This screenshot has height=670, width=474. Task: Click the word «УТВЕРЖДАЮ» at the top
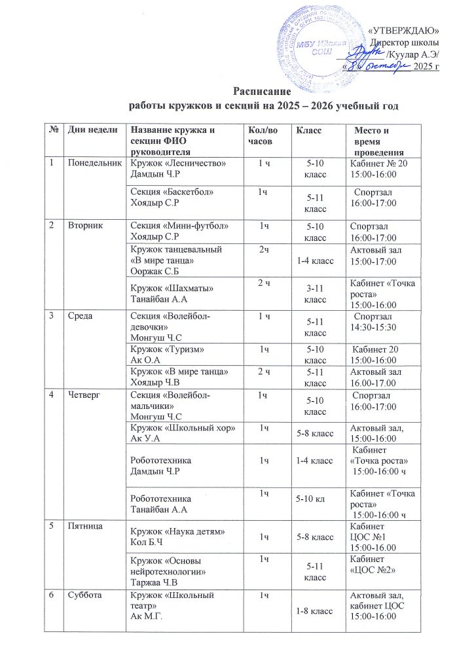click(404, 30)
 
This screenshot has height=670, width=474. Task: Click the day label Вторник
click(82, 225)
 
